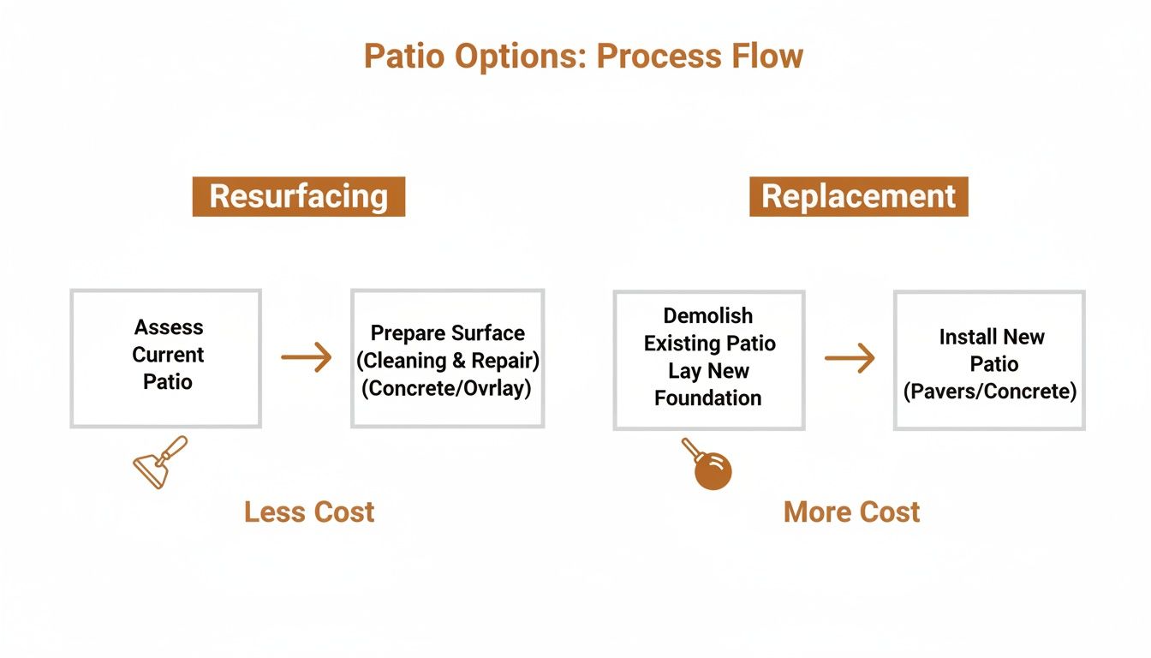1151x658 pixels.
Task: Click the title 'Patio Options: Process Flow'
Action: click(x=583, y=56)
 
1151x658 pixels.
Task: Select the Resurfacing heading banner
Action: click(x=298, y=196)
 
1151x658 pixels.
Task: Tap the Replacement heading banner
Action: click(x=858, y=196)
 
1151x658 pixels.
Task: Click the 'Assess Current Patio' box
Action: click(x=166, y=357)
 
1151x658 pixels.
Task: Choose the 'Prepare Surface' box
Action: click(x=447, y=357)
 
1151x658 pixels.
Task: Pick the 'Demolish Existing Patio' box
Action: click(x=708, y=359)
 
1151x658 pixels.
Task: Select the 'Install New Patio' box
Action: click(x=989, y=359)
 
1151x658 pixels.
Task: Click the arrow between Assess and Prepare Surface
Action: click(x=306, y=357)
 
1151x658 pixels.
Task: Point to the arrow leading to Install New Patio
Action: click(x=850, y=357)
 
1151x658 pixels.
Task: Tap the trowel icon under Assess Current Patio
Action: click(x=160, y=463)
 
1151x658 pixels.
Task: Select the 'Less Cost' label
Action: click(x=309, y=512)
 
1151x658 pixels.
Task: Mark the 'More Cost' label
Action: click(x=851, y=512)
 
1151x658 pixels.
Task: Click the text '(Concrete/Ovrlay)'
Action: click(x=447, y=388)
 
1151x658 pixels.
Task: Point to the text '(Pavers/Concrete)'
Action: click(x=990, y=392)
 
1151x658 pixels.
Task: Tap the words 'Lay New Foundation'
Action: click(x=708, y=385)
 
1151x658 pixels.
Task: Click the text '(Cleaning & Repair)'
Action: click(x=447, y=361)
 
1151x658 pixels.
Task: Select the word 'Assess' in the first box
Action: click(x=169, y=327)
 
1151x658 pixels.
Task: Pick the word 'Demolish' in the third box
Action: click(x=708, y=315)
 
